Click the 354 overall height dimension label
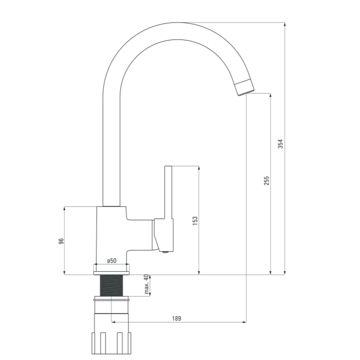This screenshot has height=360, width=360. tap(280, 144)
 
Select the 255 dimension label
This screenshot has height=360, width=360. tap(266, 181)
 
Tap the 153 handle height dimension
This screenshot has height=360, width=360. tap(195, 221)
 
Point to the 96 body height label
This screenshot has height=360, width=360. tap(61, 241)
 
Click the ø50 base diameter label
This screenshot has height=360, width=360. tap(112, 261)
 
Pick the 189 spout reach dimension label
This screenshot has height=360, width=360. tap(176, 319)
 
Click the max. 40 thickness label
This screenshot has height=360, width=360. tap(147, 284)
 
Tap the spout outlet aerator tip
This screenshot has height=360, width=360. tap(244, 87)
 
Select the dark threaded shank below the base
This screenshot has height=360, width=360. tap(111, 285)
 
